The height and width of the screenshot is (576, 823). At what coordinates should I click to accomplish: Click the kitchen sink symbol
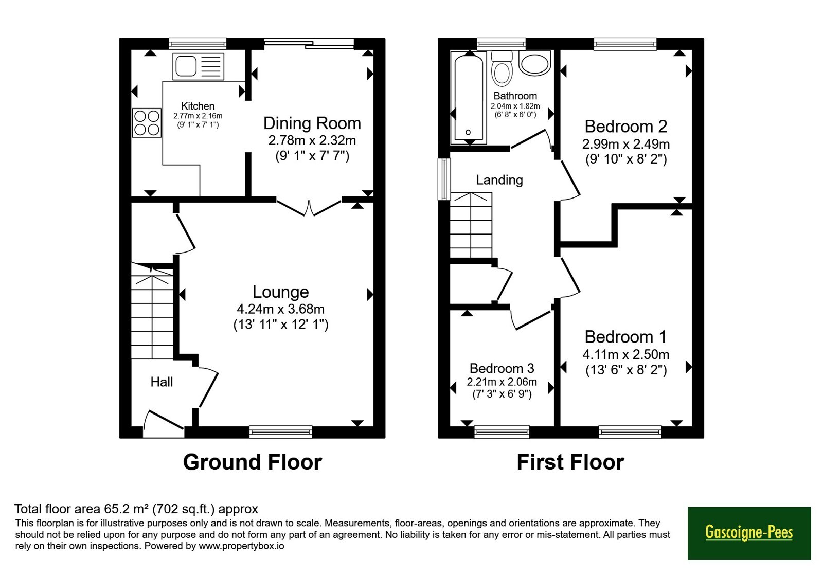tap(199, 66)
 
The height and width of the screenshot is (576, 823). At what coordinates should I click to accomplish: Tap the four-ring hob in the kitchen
tap(147, 123)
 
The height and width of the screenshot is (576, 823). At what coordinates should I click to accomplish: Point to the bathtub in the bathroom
tap(469, 98)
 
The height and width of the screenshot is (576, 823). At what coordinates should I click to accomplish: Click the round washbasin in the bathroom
tap(535, 63)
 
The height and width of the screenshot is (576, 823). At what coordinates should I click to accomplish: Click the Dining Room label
tap(312, 123)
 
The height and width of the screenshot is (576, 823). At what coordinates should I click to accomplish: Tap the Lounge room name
tap(281, 292)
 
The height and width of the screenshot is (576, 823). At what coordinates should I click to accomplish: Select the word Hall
tap(162, 382)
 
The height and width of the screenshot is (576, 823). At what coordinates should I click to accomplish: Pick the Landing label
tap(499, 180)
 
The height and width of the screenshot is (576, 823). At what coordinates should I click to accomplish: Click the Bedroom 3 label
tap(502, 368)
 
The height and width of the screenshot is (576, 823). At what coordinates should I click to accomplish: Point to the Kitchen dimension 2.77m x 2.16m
tap(198, 116)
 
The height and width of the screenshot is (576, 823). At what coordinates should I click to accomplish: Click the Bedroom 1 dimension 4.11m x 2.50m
tap(626, 354)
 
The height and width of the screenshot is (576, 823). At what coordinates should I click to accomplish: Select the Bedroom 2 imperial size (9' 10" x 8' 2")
tap(626, 159)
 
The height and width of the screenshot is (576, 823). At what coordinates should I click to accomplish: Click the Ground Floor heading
tap(253, 462)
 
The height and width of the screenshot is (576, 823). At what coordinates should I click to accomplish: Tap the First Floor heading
tap(570, 462)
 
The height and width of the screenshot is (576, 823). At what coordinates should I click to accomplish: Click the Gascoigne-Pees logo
tap(749, 533)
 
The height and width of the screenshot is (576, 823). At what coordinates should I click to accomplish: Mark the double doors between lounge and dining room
tap(309, 208)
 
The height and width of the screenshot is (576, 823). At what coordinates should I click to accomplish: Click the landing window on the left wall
tap(444, 179)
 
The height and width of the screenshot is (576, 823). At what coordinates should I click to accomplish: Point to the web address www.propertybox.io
tap(241, 546)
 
